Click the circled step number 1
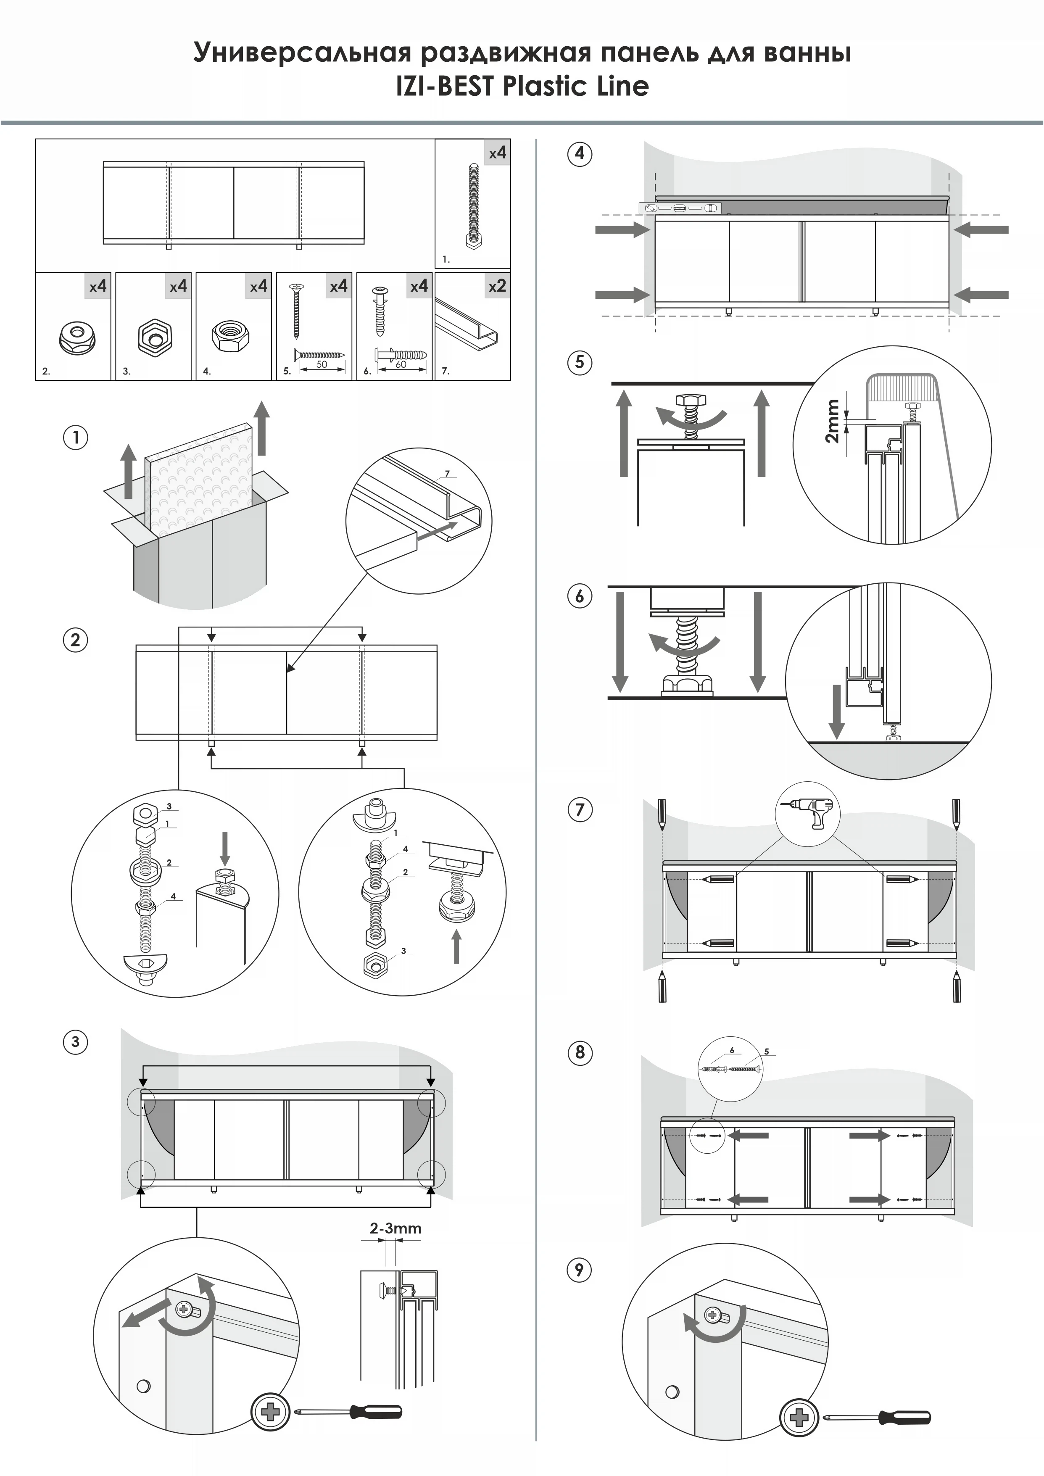pyautogui.click(x=75, y=438)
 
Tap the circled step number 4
pyautogui.click(x=579, y=154)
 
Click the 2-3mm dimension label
pyautogui.click(x=395, y=1228)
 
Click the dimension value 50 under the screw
pyautogui.click(x=322, y=364)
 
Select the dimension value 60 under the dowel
pyautogui.click(x=401, y=364)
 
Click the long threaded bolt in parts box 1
pyautogui.click(x=473, y=206)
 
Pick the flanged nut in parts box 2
pyautogui.click(x=77, y=337)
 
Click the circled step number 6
pyautogui.click(x=579, y=596)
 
